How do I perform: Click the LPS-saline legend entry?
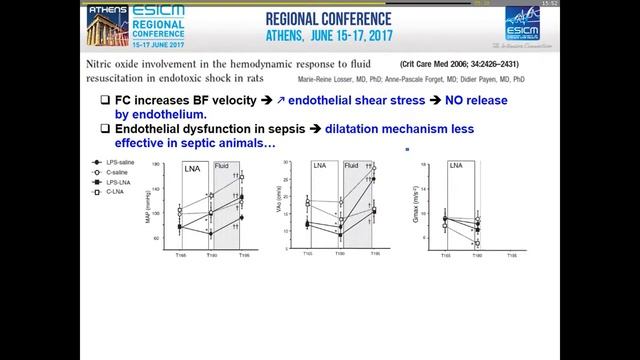coord(112,162)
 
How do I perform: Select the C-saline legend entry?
coord(110,172)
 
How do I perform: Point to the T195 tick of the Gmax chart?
coord(512,256)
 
